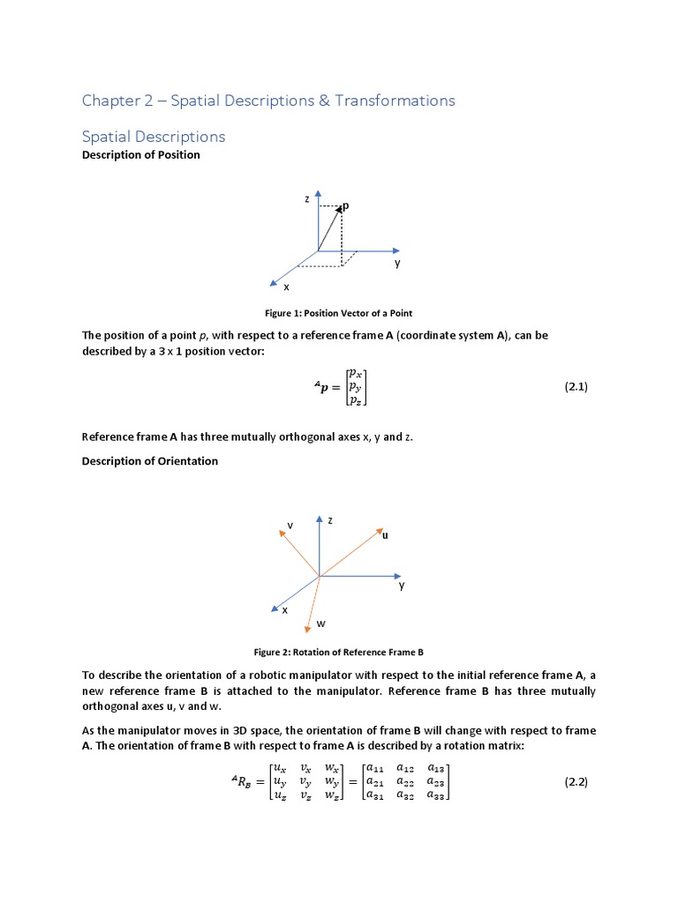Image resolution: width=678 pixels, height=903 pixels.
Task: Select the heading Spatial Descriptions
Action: [x=153, y=137]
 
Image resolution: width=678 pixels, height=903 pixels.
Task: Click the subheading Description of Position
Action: [x=140, y=155]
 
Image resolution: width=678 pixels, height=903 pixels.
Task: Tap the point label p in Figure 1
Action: [x=346, y=205]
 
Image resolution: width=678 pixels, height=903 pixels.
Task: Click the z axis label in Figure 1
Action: [x=307, y=199]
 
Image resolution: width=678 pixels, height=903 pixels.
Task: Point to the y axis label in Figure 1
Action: [x=397, y=263]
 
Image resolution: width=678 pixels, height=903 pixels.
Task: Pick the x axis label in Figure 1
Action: [x=285, y=287]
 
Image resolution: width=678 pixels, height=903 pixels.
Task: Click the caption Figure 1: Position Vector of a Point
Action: [x=339, y=313]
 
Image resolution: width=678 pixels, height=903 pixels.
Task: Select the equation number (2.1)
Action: [x=576, y=386]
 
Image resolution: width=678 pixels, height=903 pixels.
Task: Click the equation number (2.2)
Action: [x=576, y=782]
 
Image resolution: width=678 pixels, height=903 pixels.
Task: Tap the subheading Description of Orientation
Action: [x=149, y=461]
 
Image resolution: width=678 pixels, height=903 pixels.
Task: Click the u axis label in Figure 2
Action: [x=385, y=535]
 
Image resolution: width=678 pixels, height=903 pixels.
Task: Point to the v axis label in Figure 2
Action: [x=290, y=526]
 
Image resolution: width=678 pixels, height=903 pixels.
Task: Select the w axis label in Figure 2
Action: [x=320, y=623]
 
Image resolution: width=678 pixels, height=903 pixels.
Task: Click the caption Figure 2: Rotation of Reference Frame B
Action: [x=339, y=653]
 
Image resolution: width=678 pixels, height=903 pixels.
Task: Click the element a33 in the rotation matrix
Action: [x=437, y=795]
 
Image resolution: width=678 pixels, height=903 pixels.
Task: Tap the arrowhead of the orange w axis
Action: [x=307, y=628]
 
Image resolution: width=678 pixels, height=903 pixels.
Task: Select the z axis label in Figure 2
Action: [x=330, y=520]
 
